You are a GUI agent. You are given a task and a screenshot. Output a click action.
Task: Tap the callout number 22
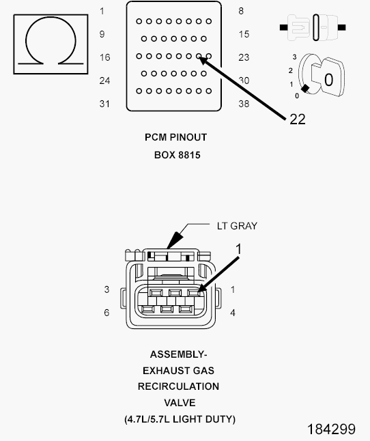298,119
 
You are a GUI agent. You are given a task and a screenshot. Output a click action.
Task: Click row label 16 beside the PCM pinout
104,57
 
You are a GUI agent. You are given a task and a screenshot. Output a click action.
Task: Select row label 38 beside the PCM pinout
244,104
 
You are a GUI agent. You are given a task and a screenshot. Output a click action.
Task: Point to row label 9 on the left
102,34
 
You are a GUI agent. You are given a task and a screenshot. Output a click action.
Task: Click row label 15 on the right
244,34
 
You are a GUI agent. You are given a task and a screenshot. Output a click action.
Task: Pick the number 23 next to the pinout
244,57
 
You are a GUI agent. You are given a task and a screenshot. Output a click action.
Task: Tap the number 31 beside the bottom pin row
104,104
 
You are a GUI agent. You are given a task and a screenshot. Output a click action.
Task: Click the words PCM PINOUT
175,137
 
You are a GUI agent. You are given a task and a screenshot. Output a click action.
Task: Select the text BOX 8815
177,155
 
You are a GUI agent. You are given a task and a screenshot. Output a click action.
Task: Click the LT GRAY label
237,226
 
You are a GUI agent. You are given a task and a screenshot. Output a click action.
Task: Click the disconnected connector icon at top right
313,27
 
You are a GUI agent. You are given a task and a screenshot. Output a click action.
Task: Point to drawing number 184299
331,429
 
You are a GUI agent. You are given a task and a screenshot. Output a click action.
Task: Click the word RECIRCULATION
178,386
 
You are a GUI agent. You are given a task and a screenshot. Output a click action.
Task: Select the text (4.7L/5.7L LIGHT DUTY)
180,419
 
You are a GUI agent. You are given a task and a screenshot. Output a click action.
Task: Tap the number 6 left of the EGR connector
106,313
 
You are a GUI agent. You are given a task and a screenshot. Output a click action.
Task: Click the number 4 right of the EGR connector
233,313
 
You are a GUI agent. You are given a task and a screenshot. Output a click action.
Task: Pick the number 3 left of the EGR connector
106,289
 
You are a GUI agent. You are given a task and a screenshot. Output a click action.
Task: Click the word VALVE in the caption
180,403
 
